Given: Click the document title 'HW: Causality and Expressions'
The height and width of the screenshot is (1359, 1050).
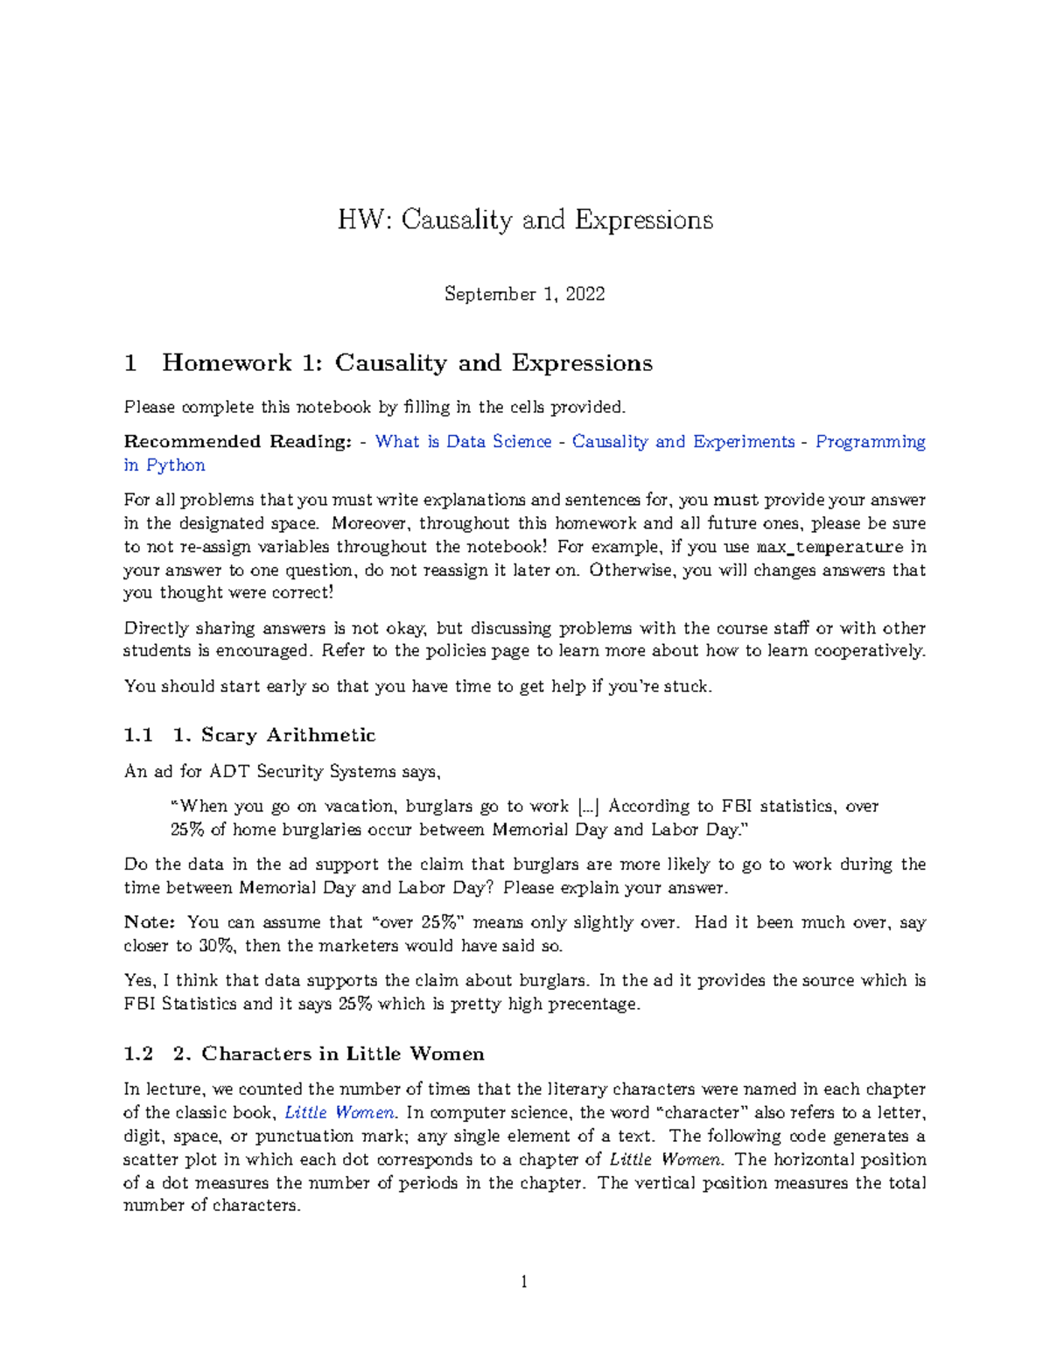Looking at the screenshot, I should point(525,219).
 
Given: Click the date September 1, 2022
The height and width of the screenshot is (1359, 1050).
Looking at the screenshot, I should point(524,294).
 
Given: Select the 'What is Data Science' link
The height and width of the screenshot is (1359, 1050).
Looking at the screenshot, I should point(463,442).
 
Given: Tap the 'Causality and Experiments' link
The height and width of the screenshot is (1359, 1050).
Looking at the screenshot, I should point(682,442).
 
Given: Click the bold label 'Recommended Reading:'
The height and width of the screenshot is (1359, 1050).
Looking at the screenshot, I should point(237,442).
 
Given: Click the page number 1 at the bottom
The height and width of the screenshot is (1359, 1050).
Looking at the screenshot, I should point(524,1283).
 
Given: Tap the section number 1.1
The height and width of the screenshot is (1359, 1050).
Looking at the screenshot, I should point(138,735).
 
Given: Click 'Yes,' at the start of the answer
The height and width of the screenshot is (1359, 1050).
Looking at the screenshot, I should point(141,981).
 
